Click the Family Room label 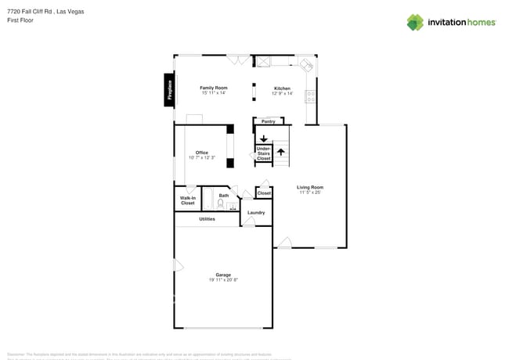point(213,88)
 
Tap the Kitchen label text point(282,88)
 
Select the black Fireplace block point(168,89)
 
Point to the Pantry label point(268,121)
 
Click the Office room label point(202,153)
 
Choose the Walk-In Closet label point(188,200)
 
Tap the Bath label point(224,196)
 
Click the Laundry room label point(256,212)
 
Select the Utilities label point(207,219)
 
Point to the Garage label point(223,275)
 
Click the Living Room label point(310,187)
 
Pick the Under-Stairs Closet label point(264,153)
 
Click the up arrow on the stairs point(280,152)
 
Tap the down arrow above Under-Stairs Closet point(264,139)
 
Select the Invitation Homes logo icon point(415,22)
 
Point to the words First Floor point(20,20)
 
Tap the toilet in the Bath point(221,204)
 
